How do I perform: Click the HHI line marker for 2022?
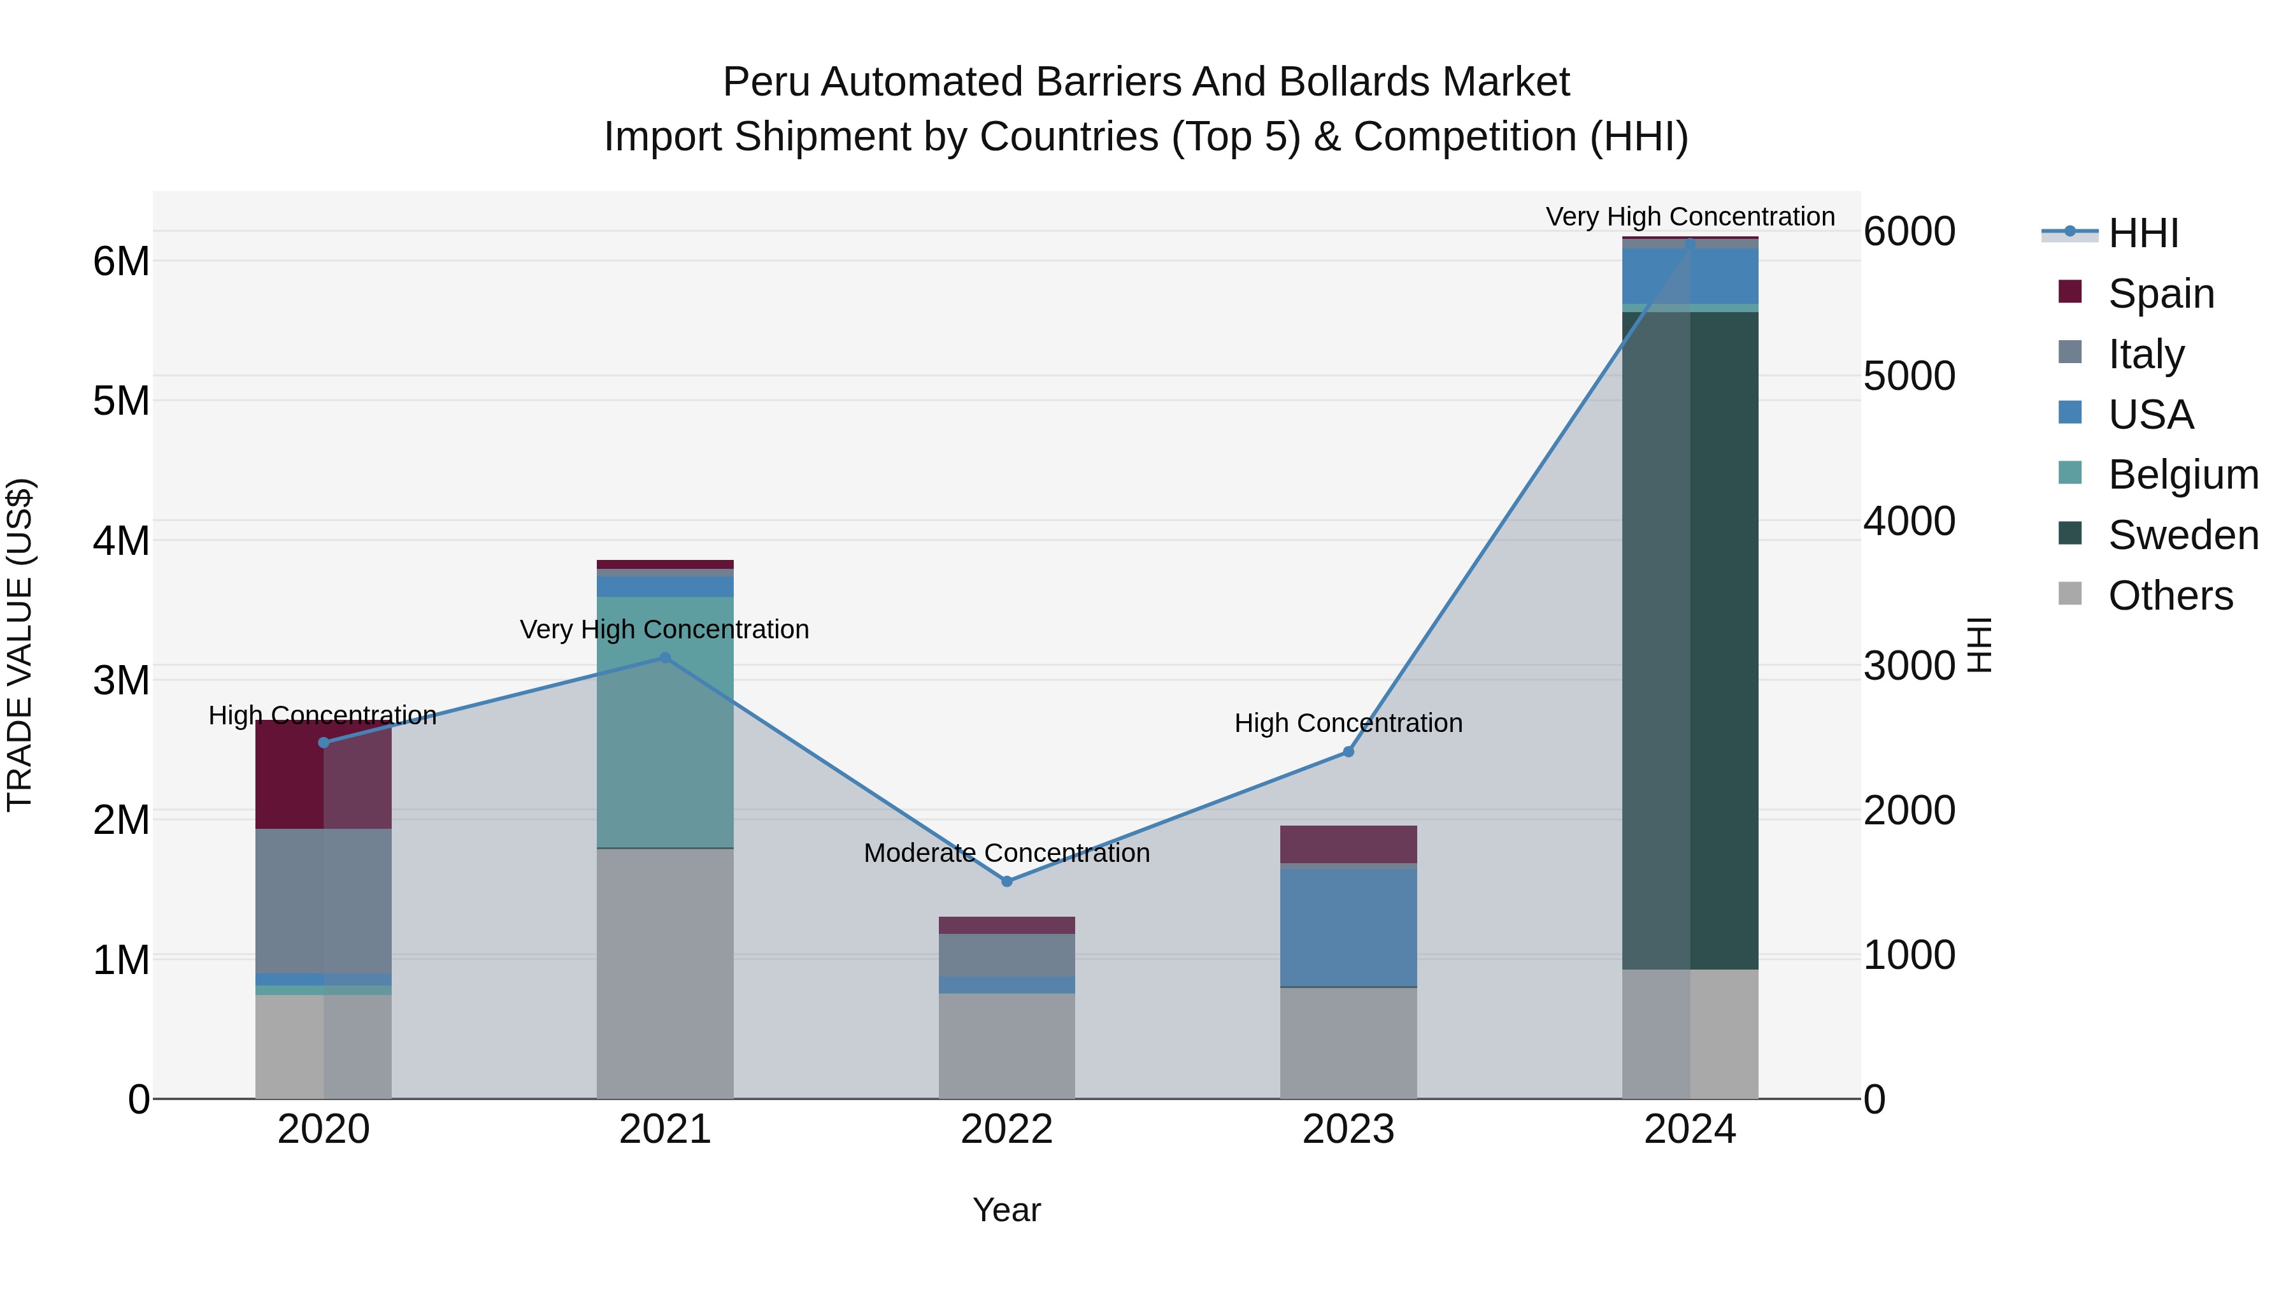tap(1007, 882)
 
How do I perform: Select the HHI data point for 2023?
tap(1348, 752)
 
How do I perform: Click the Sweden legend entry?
tap(2183, 535)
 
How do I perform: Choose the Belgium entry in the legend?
tap(2183, 475)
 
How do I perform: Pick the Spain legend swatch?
tap(2071, 292)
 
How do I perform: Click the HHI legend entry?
tap(2143, 233)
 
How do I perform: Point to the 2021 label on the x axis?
tap(665, 1129)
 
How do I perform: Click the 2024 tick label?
tap(1689, 1129)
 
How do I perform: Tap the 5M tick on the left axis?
tap(122, 401)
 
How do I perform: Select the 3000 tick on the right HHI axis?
tap(1910, 665)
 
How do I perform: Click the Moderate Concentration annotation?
tap(1007, 853)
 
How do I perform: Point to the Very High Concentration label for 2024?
tap(1689, 217)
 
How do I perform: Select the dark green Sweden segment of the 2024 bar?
tap(1689, 641)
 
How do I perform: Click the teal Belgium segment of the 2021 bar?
tap(665, 721)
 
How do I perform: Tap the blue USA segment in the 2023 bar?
tap(1348, 926)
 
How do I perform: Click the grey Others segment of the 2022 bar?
tap(1007, 1046)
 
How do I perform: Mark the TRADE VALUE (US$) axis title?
tap(20, 645)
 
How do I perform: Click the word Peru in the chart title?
tap(766, 82)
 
